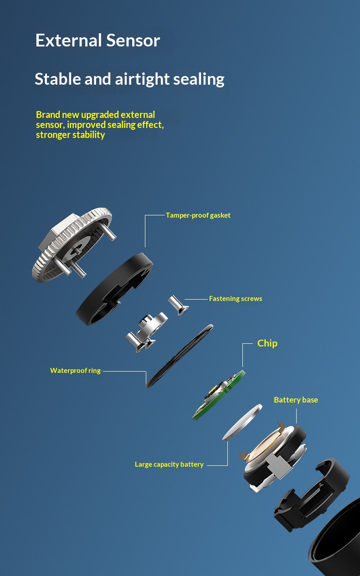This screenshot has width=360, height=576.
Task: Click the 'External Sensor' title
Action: click(98, 41)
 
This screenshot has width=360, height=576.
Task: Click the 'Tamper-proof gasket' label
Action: click(198, 215)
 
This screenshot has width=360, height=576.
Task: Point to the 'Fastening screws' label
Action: click(236, 299)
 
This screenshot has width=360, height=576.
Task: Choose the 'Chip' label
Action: click(267, 343)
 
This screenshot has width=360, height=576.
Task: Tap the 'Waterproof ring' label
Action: click(75, 371)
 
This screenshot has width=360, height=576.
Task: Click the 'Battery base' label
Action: click(296, 400)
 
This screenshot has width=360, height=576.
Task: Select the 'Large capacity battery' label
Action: click(169, 464)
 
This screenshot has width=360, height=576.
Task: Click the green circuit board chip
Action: click(219, 395)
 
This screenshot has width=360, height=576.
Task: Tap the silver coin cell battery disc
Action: click(242, 423)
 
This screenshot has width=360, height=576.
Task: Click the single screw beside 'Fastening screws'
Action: click(178, 305)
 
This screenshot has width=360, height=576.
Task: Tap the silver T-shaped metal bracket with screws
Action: click(147, 332)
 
